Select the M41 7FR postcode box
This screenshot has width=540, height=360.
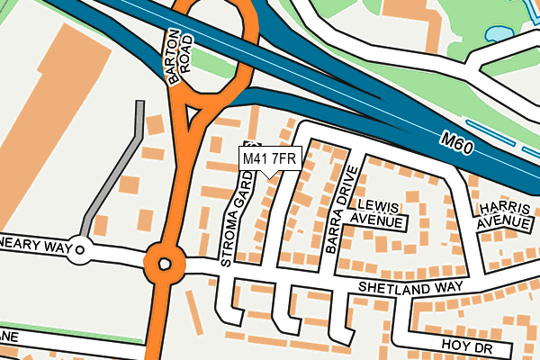[x=269, y=159]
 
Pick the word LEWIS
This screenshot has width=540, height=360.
[x=377, y=205]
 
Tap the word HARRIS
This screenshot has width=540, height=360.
[x=502, y=207]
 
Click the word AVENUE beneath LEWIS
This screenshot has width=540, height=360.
[x=377, y=220]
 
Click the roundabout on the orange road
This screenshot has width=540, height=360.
[x=164, y=265]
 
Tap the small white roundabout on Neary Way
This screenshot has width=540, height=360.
[x=80, y=251]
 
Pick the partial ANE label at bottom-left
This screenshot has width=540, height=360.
[x=9, y=337]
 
